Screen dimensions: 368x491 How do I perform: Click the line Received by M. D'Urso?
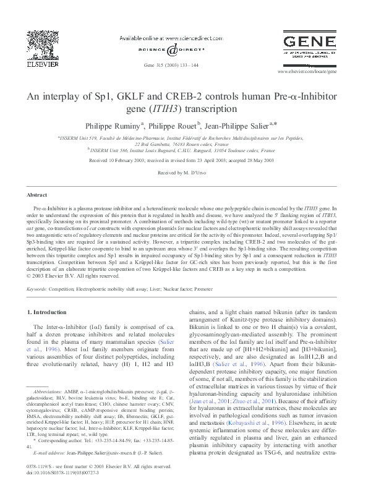(184, 173)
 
